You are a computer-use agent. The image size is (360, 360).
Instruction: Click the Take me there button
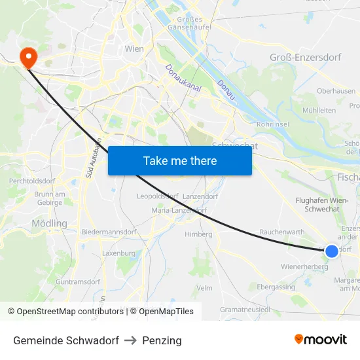[180, 160]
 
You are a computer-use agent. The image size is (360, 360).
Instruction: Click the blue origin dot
[331, 251]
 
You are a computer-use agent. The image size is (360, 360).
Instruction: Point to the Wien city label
[134, 48]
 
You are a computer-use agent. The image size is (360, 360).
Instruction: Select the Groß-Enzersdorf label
[305, 58]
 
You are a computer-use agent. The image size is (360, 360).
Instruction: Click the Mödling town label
[49, 223]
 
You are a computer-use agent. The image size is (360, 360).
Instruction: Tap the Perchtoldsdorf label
[30, 181]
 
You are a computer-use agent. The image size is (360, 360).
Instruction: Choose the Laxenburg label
[118, 253]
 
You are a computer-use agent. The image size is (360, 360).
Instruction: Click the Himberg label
[198, 234]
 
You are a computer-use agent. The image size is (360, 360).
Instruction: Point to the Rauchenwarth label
[282, 232]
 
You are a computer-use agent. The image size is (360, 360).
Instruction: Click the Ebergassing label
[276, 287]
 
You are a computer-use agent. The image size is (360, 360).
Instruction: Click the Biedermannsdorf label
[109, 232]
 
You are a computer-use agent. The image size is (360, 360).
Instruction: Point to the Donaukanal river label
[177, 77]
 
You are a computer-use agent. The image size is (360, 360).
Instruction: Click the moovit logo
[320, 340]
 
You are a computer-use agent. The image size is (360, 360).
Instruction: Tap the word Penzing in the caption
[162, 340]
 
